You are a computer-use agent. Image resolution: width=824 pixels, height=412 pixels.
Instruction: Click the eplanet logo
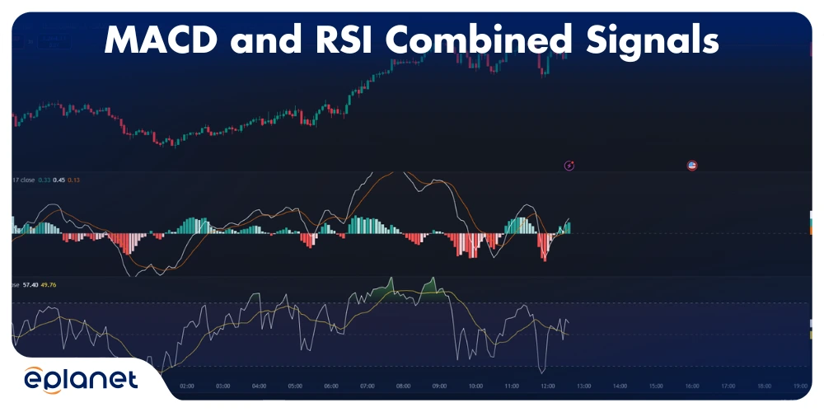pyautogui.click(x=80, y=382)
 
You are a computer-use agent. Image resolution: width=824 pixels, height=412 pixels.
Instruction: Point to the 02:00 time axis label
pyautogui.click(x=186, y=385)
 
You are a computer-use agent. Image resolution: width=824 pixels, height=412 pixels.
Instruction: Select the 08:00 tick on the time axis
pyautogui.click(x=403, y=385)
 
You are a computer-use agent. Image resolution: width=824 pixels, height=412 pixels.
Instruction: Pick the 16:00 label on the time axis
pyautogui.click(x=692, y=385)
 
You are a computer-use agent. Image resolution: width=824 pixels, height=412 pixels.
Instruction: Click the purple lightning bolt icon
pyautogui.click(x=569, y=166)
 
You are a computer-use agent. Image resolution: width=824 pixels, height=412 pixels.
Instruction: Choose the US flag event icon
pyautogui.click(x=692, y=166)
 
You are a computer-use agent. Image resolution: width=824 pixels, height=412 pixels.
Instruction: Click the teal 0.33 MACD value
pyautogui.click(x=44, y=180)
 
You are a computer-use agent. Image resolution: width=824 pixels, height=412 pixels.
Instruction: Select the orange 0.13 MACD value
pyautogui.click(x=74, y=180)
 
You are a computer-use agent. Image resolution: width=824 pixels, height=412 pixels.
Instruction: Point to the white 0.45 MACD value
pyautogui.click(x=59, y=180)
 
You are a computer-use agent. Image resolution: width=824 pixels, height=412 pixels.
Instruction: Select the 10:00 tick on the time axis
pyautogui.click(x=475, y=385)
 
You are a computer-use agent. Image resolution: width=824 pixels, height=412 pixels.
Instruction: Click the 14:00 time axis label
pyautogui.click(x=620, y=385)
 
